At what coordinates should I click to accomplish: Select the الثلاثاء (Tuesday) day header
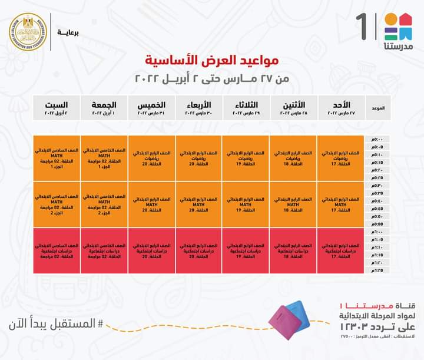point(246,108)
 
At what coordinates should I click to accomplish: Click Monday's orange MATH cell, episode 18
point(293,204)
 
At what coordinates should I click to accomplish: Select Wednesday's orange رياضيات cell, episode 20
point(198,158)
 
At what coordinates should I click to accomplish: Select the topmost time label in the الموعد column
point(376,139)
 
